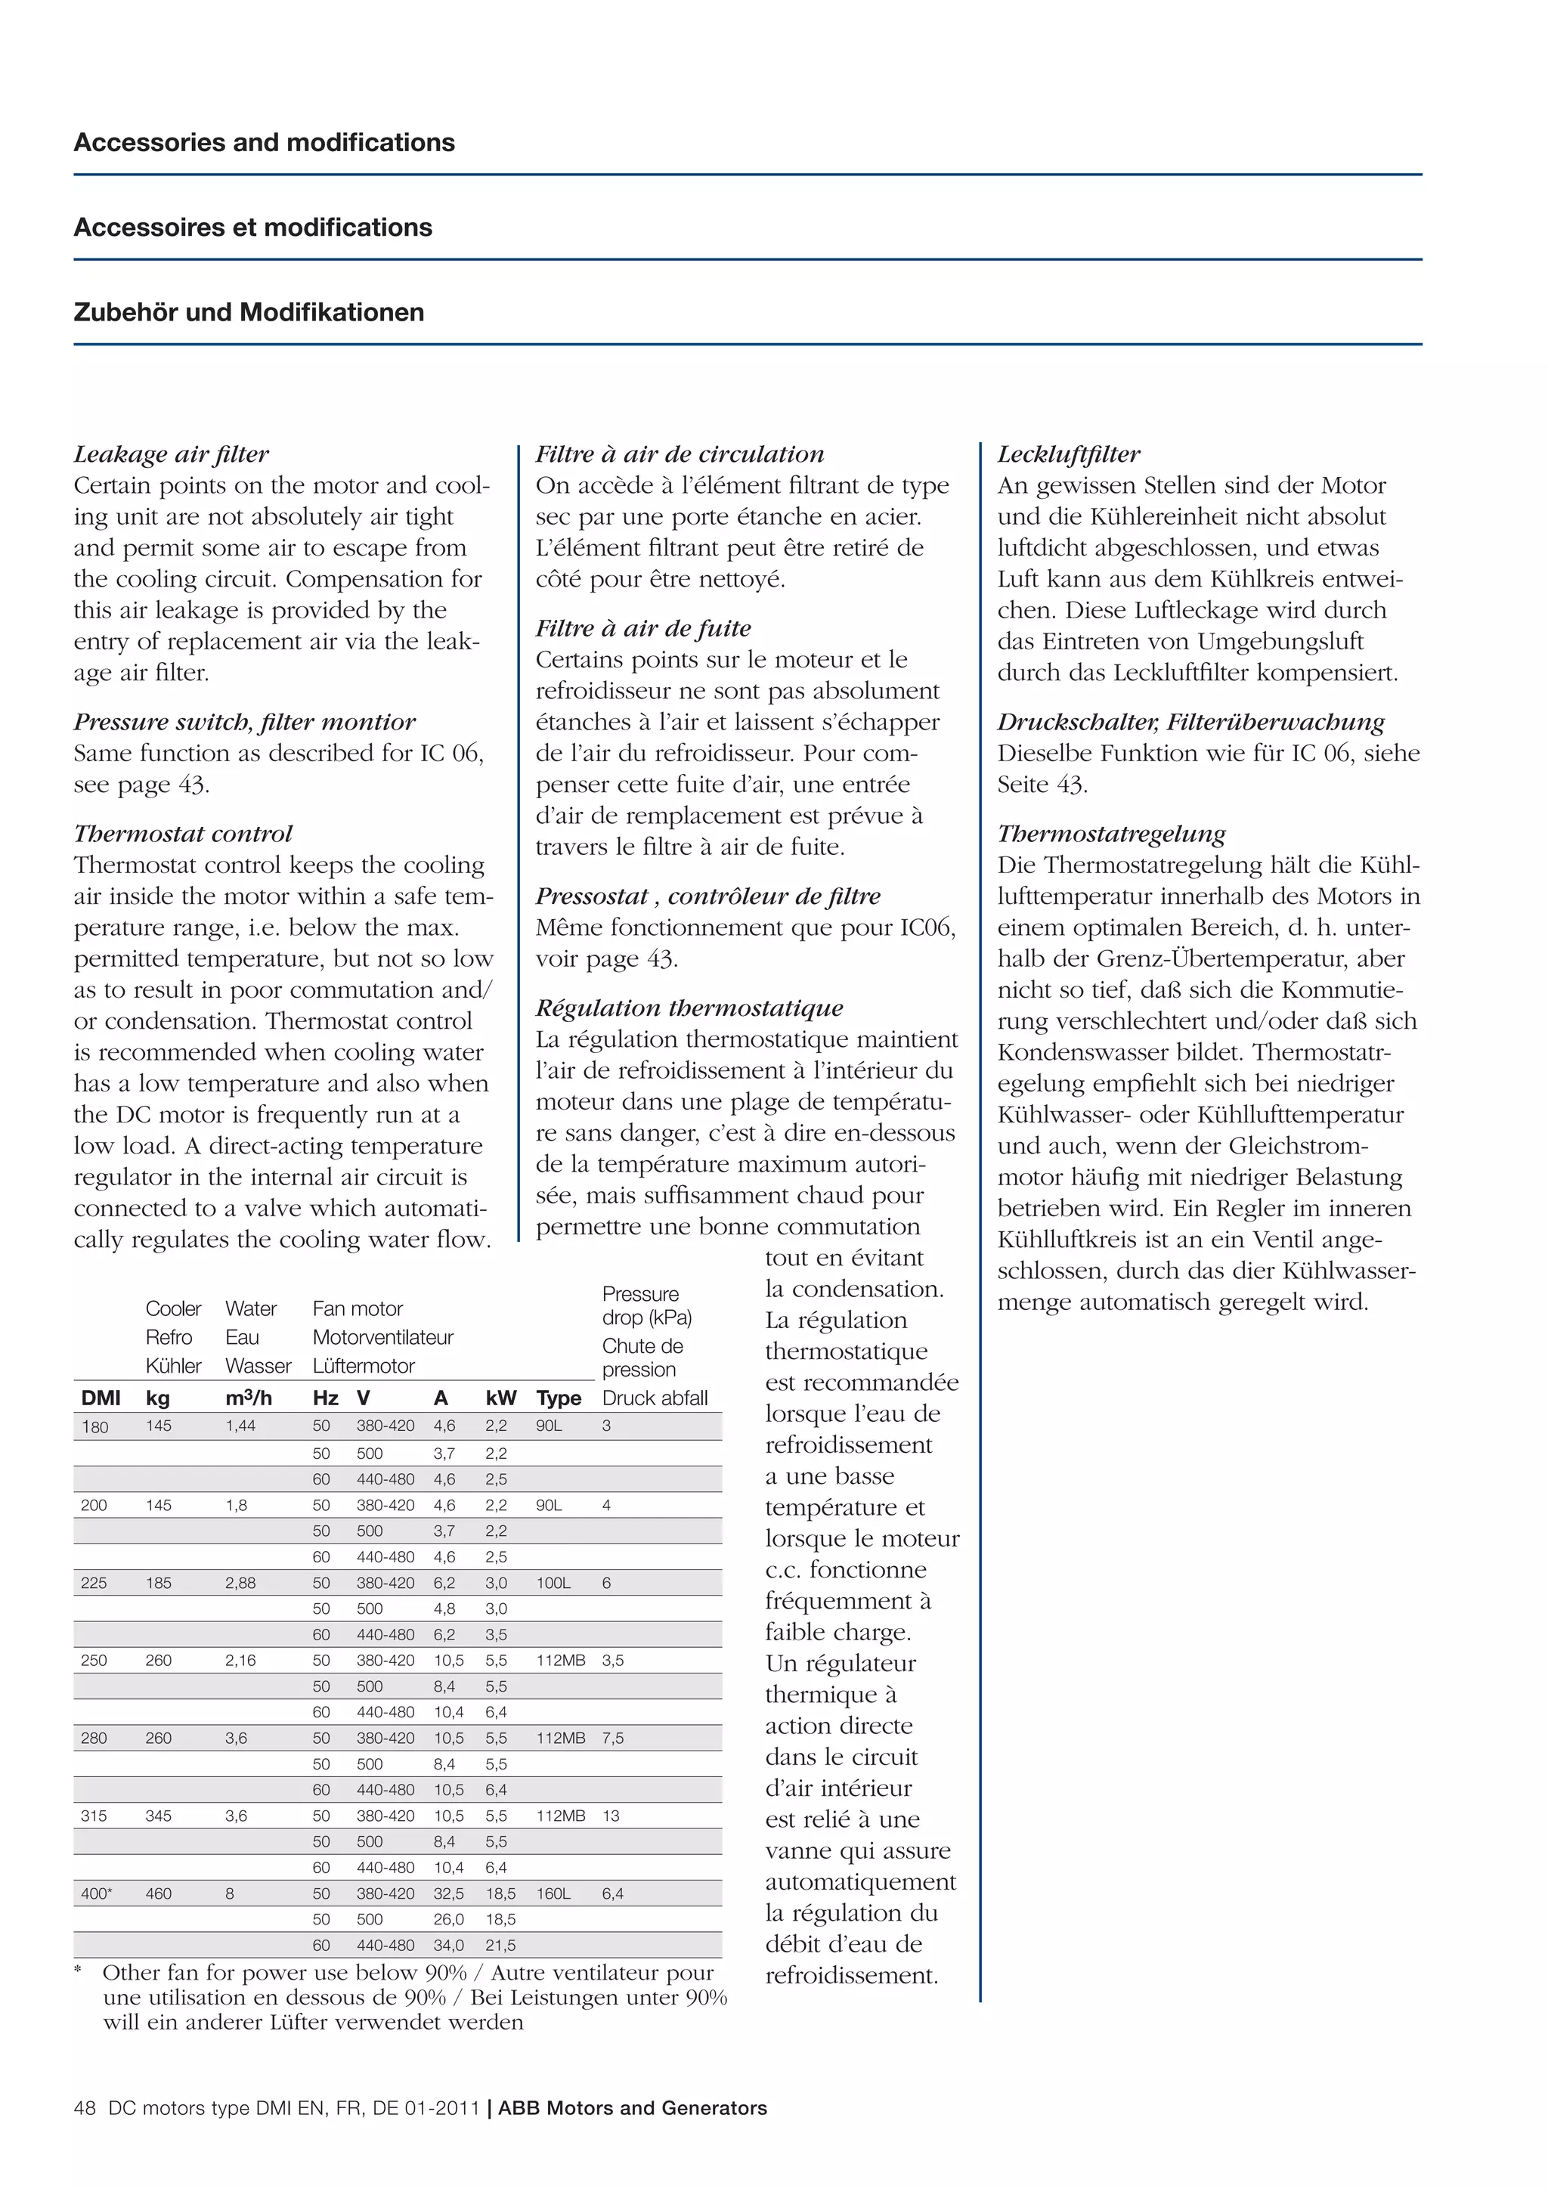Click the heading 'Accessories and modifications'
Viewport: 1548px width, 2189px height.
point(264,143)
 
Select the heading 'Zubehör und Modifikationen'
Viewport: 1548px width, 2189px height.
point(249,313)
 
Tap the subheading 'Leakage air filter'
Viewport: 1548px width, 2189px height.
point(172,455)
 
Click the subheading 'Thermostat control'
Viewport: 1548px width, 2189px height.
point(183,834)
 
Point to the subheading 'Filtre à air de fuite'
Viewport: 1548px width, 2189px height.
point(642,629)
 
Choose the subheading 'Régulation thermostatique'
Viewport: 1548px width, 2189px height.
point(689,1008)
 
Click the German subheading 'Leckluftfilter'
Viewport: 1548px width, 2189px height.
point(1069,455)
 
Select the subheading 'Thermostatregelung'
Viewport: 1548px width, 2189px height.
point(1111,834)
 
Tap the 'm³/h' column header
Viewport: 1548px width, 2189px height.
point(249,1398)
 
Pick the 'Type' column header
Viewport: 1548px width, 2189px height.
point(559,1398)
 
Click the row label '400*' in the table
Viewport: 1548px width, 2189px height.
point(96,1894)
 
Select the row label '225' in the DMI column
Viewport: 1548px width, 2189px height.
point(94,1584)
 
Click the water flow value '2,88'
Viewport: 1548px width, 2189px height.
point(240,1584)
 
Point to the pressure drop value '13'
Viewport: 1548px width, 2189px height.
point(611,1816)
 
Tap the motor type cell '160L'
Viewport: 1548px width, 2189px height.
point(553,1894)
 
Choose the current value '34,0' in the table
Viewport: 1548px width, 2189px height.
point(449,1946)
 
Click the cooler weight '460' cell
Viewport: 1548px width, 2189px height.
point(158,1894)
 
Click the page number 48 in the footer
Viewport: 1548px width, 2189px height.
point(85,2109)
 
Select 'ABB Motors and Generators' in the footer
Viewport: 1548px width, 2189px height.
point(632,2109)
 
